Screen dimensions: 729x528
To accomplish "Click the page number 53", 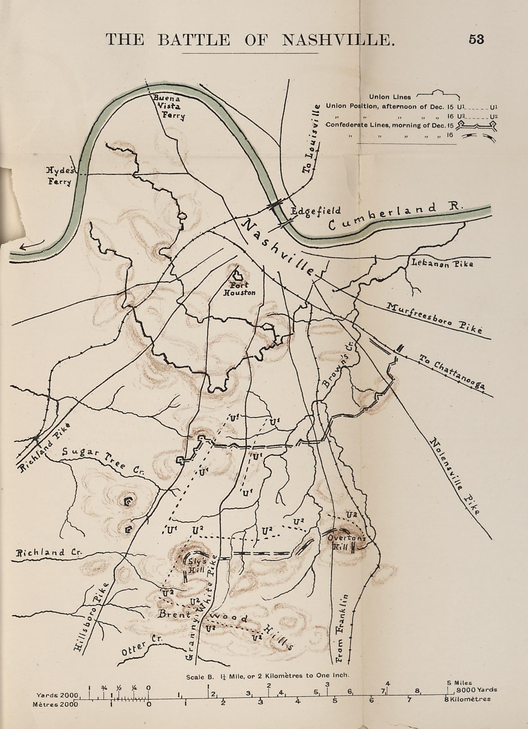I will [x=476, y=39].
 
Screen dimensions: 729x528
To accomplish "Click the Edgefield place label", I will [x=315, y=211].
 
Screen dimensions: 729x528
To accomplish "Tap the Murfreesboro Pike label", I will [x=436, y=319].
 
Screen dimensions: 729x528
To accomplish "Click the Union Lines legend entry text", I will [x=389, y=97].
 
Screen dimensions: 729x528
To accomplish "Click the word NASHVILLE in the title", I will [x=338, y=40].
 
